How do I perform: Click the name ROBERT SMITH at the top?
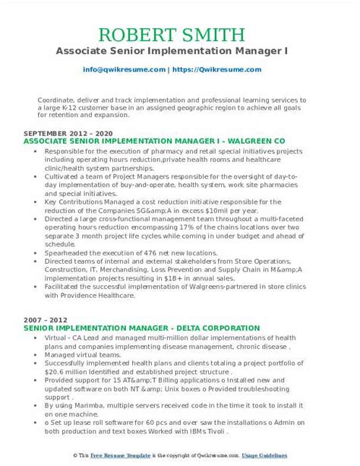[x=179, y=35]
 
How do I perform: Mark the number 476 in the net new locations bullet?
[x=142, y=252]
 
